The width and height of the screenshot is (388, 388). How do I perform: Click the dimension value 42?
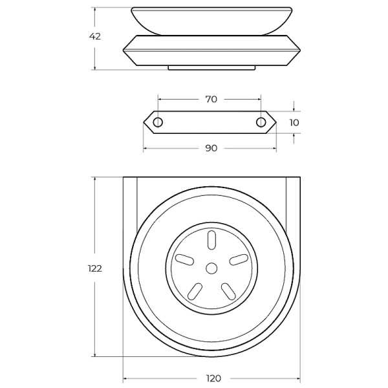(x=95, y=36)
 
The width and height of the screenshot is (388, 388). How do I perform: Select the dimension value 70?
(x=210, y=99)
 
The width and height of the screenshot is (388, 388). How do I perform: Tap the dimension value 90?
(x=211, y=148)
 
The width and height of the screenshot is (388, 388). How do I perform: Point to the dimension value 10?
(x=294, y=122)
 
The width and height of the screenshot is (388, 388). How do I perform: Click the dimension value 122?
(x=95, y=268)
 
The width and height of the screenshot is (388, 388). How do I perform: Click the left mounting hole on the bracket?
(x=158, y=122)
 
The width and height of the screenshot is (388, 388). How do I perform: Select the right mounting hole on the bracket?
(x=261, y=122)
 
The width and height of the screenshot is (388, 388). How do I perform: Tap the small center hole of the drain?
(x=211, y=267)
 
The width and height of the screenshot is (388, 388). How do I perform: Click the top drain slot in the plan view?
(x=211, y=240)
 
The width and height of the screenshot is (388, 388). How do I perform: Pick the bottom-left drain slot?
(x=195, y=290)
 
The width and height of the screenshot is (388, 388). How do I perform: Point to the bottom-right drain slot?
(x=227, y=290)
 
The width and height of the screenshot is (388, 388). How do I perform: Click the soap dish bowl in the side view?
(x=211, y=19)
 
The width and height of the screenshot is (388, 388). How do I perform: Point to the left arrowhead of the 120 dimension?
(x=125, y=378)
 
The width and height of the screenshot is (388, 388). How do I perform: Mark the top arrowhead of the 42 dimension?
(x=95, y=10)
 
